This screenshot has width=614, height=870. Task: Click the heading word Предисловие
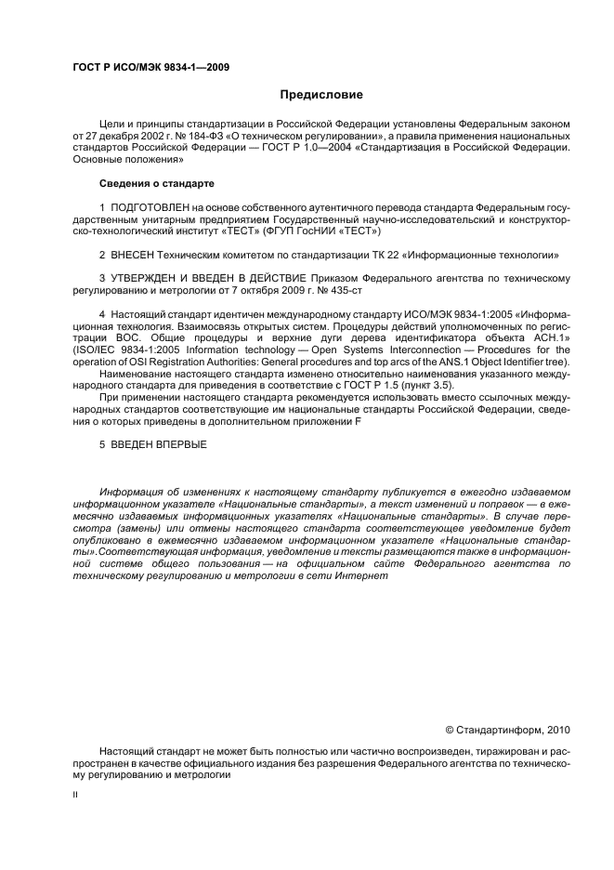322,95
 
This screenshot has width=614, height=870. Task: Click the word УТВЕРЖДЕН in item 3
142,278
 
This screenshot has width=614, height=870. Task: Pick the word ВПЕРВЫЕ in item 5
176,445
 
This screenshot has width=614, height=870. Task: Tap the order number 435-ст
332,290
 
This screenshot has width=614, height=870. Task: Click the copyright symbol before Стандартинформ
450,730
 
